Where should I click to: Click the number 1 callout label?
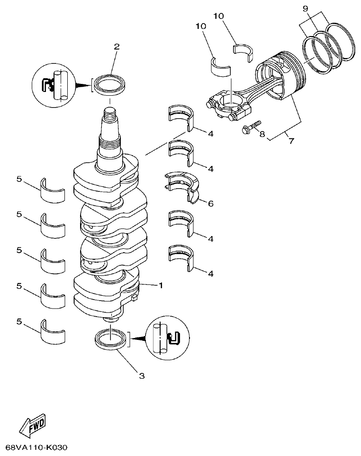pyautogui.click(x=161, y=285)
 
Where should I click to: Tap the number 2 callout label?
pyautogui.click(x=117, y=46)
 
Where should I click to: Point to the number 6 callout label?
pyautogui.click(x=210, y=203)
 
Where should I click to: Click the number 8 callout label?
pyautogui.click(x=262, y=134)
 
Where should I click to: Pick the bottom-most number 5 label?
pyautogui.click(x=19, y=321)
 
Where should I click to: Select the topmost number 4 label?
pyautogui.click(x=210, y=134)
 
